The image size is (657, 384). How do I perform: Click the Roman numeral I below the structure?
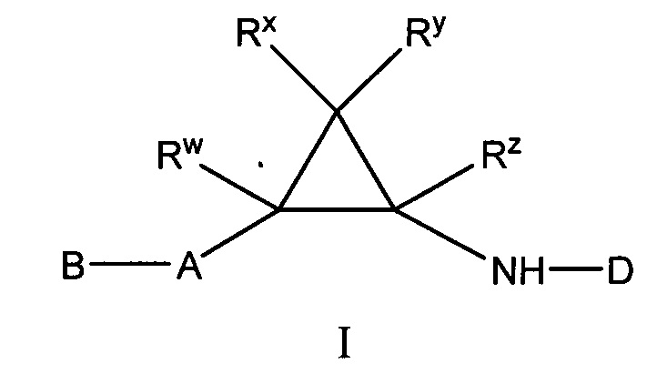coord(345,344)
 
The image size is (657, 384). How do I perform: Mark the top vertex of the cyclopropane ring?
coord(338,112)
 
